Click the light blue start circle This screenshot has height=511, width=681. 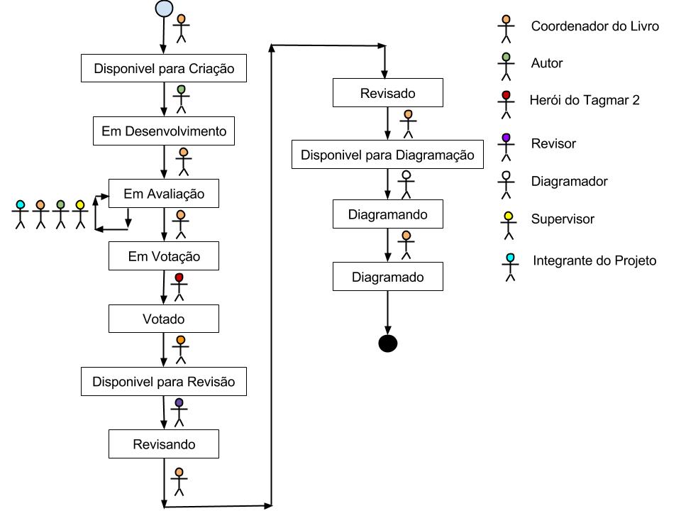164,9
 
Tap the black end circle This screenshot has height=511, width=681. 387,344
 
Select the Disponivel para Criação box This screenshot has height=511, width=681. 164,70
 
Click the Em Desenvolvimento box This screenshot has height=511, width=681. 164,131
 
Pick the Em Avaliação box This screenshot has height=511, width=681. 164,194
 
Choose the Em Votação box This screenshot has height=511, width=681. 164,256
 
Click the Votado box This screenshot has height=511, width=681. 164,319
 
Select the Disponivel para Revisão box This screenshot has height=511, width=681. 164,382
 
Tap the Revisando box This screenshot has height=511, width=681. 164,445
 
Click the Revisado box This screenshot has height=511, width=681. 388,93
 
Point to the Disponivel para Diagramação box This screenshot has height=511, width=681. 387,155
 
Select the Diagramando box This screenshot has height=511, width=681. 388,214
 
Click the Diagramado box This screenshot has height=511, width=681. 388,277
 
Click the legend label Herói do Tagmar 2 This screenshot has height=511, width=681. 585,100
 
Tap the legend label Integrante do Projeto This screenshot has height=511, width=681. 594,260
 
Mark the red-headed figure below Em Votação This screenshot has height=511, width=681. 179,286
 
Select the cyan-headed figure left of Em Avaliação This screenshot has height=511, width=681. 20,214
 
